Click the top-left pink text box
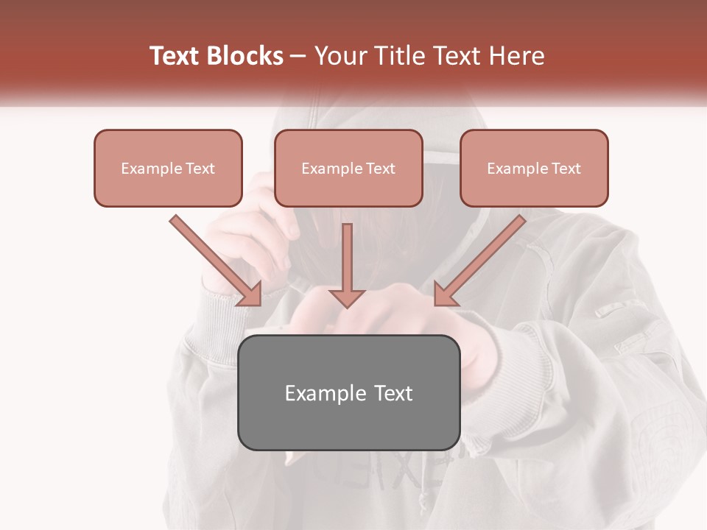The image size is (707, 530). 168,168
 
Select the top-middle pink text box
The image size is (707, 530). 348,168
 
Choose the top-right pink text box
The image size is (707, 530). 534,168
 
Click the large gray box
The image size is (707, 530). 348,392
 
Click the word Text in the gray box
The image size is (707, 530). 393,393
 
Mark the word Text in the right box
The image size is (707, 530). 566,169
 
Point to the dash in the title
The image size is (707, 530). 298,57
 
